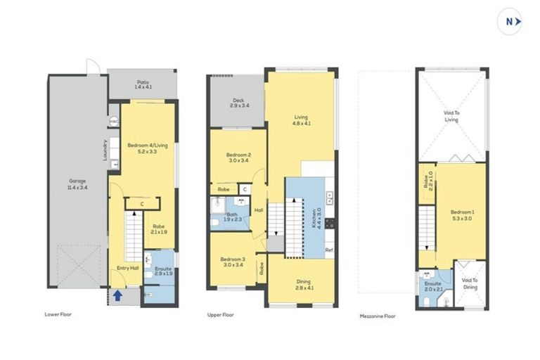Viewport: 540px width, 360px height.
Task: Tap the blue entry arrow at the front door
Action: coord(117,296)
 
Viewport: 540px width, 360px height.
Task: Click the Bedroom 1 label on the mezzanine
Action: coord(462,215)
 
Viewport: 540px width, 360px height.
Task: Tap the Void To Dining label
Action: coord(470,283)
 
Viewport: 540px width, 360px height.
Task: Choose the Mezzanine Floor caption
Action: coord(377,316)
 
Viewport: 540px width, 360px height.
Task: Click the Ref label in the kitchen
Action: coord(328,250)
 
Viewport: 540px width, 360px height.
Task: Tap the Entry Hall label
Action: coord(127,269)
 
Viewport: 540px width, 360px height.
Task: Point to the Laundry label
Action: coord(105,150)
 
